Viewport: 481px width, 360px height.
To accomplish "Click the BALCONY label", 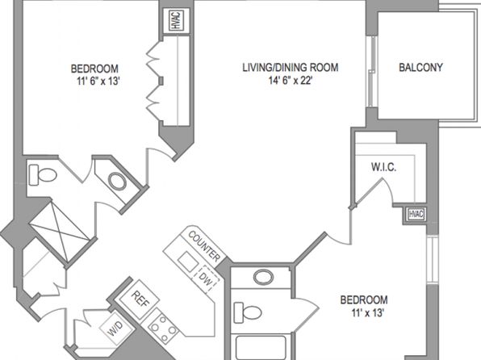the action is click(420, 67).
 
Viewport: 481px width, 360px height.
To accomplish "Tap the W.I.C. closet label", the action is click(383, 167).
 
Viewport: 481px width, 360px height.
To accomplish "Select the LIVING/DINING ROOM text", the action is click(291, 67).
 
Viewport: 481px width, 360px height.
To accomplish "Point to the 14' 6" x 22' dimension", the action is click(291, 81).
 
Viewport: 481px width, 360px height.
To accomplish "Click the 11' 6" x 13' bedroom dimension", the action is click(98, 81).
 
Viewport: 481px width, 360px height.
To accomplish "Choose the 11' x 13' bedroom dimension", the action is click(368, 313).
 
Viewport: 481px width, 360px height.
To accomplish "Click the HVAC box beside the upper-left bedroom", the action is click(176, 20).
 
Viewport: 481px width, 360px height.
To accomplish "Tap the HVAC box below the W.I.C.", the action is click(416, 214).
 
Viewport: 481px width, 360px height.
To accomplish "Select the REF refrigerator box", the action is click(139, 299).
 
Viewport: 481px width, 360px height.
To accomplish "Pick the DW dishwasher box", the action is click(206, 278).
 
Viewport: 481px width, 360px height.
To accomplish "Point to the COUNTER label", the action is click(204, 246).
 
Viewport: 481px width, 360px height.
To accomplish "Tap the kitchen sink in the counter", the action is click(188, 262).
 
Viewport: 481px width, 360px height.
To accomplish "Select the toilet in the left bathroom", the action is click(43, 175).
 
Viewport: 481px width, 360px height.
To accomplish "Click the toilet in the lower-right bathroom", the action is click(248, 312).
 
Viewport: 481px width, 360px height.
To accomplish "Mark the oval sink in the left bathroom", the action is click(117, 182).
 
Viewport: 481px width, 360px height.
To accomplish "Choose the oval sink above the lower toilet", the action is click(264, 277).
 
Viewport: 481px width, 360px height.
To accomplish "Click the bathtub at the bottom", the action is click(261, 348).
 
